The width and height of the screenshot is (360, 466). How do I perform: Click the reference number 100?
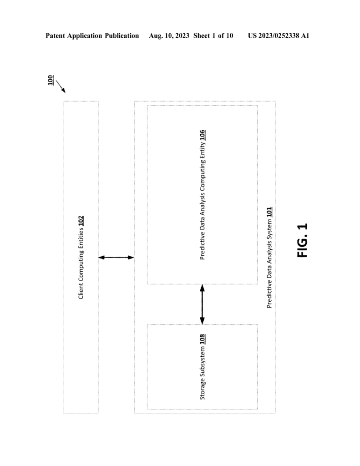click(x=51, y=80)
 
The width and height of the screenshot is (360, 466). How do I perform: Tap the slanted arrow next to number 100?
click(x=61, y=86)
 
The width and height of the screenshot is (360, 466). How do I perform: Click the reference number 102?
click(x=81, y=221)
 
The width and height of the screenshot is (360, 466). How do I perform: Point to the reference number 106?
click(x=202, y=135)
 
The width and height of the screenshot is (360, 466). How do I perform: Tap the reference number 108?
click(x=202, y=339)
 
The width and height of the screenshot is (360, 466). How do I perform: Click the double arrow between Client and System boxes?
click(x=116, y=258)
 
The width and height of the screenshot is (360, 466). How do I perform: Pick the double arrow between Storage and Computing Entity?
click(x=202, y=304)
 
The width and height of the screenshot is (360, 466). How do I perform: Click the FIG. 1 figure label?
click(x=302, y=240)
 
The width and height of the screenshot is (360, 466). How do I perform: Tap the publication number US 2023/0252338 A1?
click(x=279, y=35)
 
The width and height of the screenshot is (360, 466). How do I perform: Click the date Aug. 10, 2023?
click(x=169, y=36)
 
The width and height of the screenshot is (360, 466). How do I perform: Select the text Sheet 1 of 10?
click(x=213, y=35)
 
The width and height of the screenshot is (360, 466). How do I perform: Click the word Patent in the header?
click(x=55, y=35)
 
